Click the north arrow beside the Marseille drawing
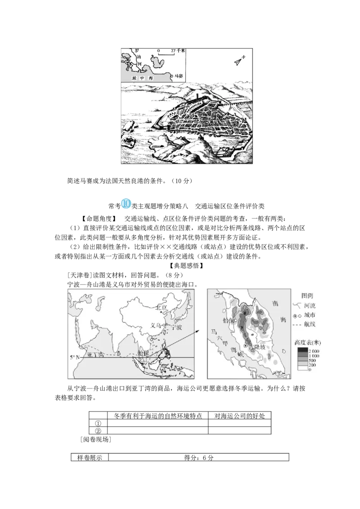click(238, 61)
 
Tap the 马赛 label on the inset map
click(179, 76)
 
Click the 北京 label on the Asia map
click(161, 307)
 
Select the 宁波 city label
click(174, 326)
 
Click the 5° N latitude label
click(74, 357)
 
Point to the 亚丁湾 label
click(95, 354)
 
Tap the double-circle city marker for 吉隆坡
click(246, 345)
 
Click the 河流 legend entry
click(310, 305)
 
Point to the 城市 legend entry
click(310, 315)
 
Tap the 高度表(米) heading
click(308, 342)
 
